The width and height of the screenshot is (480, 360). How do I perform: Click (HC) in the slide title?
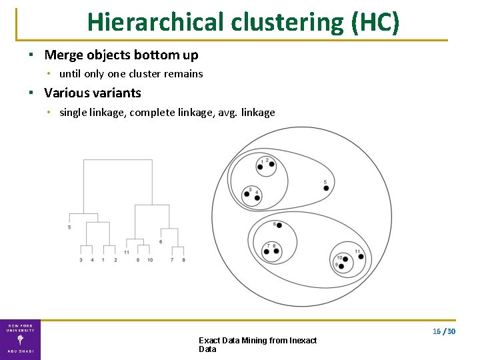pos(375,22)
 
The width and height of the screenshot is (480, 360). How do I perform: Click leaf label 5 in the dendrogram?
pos(69,228)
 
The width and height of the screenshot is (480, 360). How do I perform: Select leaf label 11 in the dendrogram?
pos(126,252)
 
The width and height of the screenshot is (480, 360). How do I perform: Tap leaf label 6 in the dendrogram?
pos(161,241)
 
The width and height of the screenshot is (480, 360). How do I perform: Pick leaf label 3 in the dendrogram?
pos(81,259)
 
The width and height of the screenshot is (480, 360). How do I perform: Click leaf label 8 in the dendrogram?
pos(183,259)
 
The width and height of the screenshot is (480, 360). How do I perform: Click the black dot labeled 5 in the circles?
pos(326,188)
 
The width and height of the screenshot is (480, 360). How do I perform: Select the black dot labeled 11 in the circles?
pos(361,257)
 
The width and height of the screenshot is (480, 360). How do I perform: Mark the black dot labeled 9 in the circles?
pos(341,266)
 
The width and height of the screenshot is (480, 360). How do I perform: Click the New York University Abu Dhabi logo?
pos(20,339)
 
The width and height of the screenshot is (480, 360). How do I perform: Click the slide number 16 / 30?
pos(443,331)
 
